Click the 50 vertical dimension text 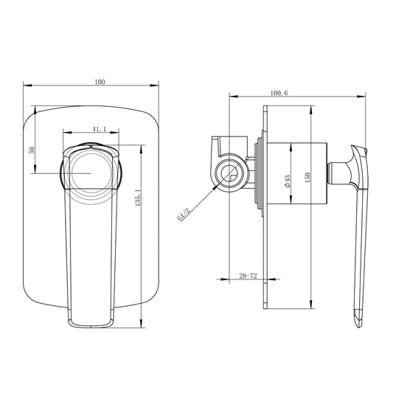pyautogui.click(x=32, y=150)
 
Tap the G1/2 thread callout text pyautogui.click(x=184, y=215)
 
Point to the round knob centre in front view pyautogui.click(x=91, y=173)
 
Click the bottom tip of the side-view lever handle pyautogui.click(x=360, y=321)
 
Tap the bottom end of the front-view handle pyautogui.click(x=92, y=323)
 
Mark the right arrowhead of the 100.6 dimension pyautogui.click(x=366, y=96)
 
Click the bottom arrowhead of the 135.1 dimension pyautogui.click(x=142, y=324)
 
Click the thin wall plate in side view pyautogui.click(x=264, y=221)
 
